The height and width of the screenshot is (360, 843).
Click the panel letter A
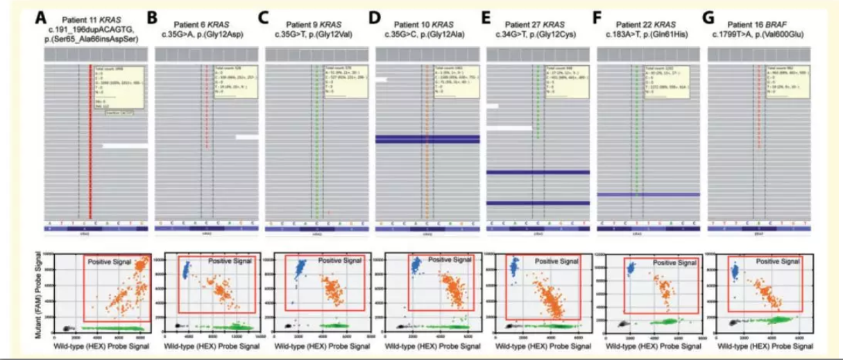[x=43, y=15]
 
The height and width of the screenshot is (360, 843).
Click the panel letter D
[x=378, y=15]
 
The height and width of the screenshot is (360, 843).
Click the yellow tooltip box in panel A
[x=119, y=87]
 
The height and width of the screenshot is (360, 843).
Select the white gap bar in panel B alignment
[x=246, y=137]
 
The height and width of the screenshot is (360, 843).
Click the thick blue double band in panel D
[x=427, y=139]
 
